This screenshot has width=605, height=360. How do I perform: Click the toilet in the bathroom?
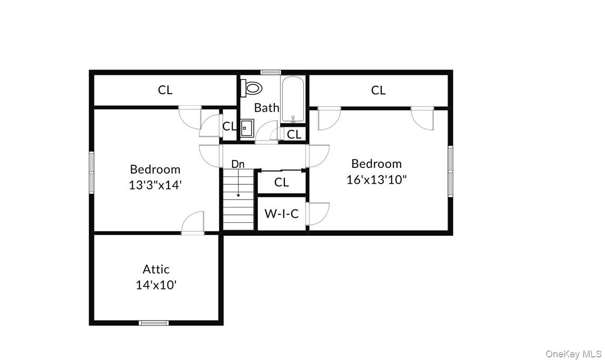[252, 88]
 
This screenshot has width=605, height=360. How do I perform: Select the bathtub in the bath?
[292, 99]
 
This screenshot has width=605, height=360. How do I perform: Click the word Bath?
[266, 108]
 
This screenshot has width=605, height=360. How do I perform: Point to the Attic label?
[156, 269]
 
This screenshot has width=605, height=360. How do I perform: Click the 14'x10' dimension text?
[156, 285]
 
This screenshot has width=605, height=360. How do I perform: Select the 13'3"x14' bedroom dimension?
[155, 185]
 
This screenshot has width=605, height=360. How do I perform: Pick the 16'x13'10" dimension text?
[376, 179]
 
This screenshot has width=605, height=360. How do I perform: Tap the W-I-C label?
[281, 214]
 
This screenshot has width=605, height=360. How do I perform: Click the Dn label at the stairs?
[238, 164]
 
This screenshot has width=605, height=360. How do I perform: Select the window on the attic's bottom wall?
[154, 323]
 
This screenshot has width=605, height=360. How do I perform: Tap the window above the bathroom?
[271, 72]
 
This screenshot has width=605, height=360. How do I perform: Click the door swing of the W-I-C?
[318, 213]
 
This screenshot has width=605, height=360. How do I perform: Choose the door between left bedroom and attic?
[193, 223]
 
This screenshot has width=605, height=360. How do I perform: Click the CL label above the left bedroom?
[165, 90]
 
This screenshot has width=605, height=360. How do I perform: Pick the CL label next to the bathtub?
[294, 135]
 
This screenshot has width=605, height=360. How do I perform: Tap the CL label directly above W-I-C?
[281, 183]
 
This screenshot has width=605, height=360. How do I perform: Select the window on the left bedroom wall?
[92, 172]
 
